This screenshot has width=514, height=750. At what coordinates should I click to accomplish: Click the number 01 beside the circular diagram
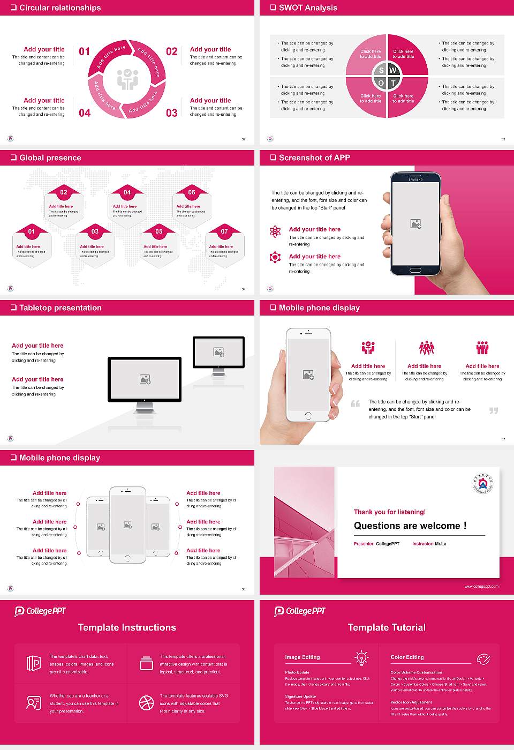click(85, 51)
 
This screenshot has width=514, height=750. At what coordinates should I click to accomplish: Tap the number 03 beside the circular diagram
click(171, 113)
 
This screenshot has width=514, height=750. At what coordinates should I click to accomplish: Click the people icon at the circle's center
click(127, 79)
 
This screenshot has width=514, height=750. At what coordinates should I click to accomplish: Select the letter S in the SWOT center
click(381, 70)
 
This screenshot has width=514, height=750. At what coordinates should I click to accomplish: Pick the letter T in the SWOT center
click(393, 83)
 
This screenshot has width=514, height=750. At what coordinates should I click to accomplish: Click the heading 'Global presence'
click(50, 157)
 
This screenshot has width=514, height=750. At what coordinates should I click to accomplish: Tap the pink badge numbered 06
click(192, 192)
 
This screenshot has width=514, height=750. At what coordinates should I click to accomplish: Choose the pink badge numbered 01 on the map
click(32, 231)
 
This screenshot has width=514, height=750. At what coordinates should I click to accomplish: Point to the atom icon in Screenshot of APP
click(275, 231)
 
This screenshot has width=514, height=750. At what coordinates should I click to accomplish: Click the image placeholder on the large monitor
click(145, 379)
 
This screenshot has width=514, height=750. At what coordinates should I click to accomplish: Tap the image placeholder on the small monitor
click(218, 352)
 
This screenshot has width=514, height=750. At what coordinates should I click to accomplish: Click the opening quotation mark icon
click(355, 403)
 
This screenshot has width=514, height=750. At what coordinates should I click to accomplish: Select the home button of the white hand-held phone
click(308, 416)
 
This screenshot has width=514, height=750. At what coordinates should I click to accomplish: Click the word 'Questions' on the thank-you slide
click(375, 526)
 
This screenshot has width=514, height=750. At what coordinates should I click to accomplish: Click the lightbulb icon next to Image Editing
click(361, 657)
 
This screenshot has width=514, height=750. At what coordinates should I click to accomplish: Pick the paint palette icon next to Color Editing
click(483, 658)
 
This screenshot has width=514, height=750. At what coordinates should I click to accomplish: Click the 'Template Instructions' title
click(127, 627)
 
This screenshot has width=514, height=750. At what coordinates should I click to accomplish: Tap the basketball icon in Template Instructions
click(146, 703)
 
